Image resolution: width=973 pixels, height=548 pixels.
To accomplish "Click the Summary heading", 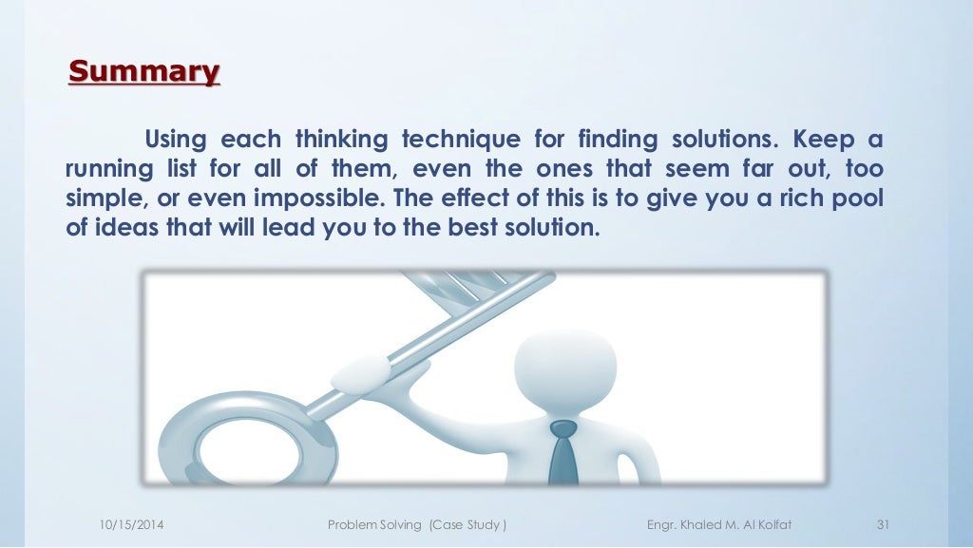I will [x=144, y=72].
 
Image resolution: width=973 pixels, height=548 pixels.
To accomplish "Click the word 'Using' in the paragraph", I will [x=176, y=141].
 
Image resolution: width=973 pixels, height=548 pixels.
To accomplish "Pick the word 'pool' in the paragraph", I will [x=859, y=200].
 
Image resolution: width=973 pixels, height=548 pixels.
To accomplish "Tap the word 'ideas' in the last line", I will [x=122, y=229].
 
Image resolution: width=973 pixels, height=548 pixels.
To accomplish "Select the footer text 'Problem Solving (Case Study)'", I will [x=416, y=525].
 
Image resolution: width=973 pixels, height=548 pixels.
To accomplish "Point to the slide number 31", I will [x=882, y=525].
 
